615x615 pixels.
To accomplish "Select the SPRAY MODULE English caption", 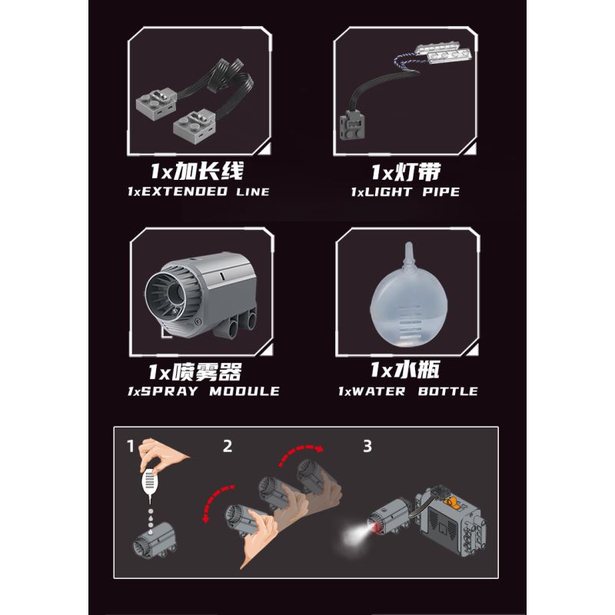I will tap(204, 391).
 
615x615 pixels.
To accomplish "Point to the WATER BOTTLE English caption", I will tap(408, 391).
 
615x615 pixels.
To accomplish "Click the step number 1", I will tap(131, 445).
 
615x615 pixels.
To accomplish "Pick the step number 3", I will tap(367, 445).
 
